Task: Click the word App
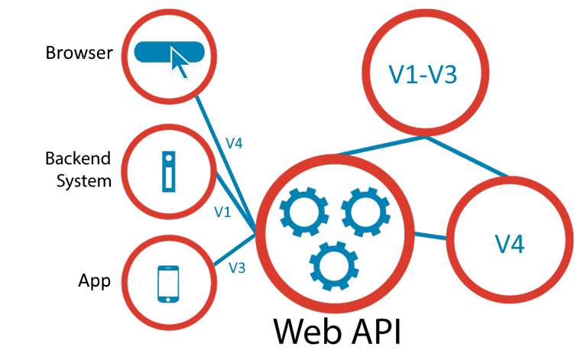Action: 94,281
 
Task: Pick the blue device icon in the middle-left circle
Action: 168,170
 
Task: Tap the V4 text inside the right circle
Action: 510,244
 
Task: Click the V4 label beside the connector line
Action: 234,143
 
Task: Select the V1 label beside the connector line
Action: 222,212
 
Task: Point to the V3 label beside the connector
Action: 237,268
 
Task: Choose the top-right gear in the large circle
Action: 365,212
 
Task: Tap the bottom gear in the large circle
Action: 333,264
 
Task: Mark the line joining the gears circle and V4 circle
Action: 430,235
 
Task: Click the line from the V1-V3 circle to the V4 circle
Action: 468,157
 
